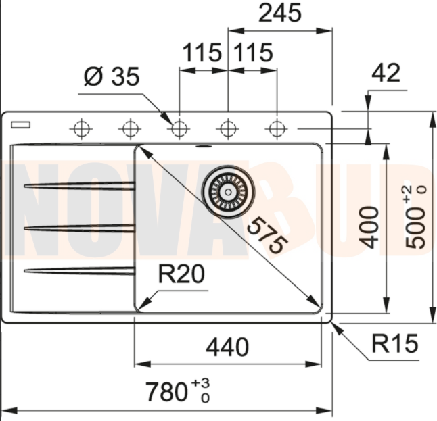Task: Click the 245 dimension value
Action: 280,14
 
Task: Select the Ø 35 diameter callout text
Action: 111,77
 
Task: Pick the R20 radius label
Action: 181,275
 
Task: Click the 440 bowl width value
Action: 227,347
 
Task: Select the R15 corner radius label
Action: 395,345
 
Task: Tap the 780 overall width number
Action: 167,391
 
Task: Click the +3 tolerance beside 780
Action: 200,383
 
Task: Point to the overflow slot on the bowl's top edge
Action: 203,145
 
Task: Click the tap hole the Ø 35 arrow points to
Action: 179,127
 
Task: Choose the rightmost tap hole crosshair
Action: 276,127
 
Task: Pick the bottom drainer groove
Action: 79,271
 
